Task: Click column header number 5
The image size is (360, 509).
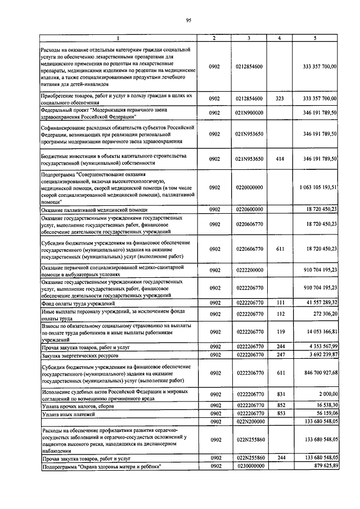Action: pos(316,38)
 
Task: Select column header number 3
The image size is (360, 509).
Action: pos(249,38)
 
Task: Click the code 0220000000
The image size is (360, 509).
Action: pos(249,187)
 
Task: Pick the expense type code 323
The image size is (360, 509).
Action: pos(280,98)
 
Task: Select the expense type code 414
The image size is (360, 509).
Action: pos(280,159)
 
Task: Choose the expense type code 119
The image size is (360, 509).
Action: pos(280,332)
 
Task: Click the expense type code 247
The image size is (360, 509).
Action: pos(280,355)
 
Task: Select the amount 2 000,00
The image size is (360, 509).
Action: pos(325,395)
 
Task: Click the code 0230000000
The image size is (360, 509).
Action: pos(249,467)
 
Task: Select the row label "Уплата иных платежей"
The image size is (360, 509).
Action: pos(68,414)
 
